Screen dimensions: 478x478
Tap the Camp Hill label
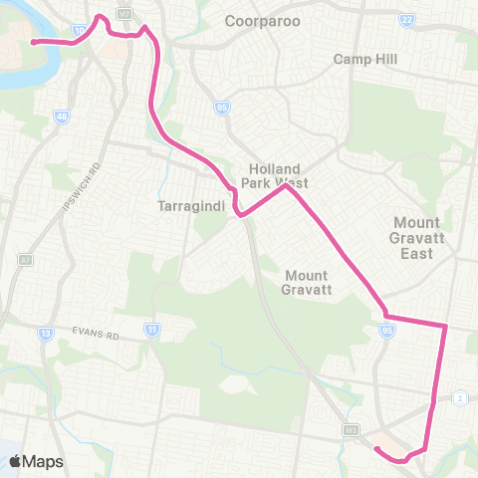click(364, 60)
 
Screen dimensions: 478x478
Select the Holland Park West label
click(279, 175)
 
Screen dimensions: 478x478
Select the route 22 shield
click(406, 20)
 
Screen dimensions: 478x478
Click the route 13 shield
click(46, 333)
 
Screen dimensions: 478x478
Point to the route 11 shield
click(151, 329)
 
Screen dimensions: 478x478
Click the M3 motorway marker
click(351, 430)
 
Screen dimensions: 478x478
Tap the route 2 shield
click(460, 397)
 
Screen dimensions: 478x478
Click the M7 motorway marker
click(123, 13)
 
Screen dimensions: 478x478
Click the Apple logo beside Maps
click(16, 461)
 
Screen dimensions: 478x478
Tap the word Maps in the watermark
click(44, 461)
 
